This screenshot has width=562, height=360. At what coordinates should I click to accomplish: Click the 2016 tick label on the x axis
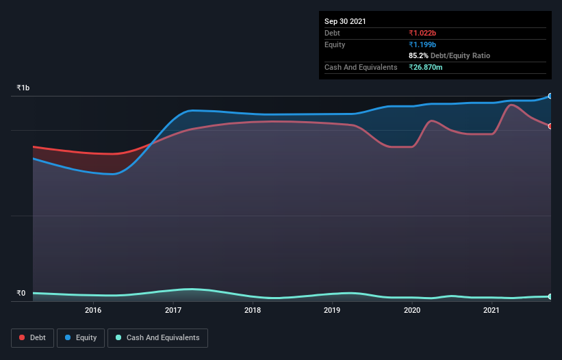click(x=93, y=310)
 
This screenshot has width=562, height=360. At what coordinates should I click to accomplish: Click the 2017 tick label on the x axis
click(x=173, y=310)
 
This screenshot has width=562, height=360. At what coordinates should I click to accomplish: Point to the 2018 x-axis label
click(x=253, y=310)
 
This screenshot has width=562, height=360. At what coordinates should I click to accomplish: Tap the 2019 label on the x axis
click(x=332, y=310)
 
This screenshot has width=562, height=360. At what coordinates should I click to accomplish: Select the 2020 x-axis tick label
click(x=412, y=310)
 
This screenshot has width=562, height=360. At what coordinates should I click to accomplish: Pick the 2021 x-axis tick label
click(x=491, y=310)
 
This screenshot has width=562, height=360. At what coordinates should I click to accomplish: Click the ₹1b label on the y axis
click(x=23, y=88)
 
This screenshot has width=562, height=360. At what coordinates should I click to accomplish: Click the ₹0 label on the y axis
click(x=21, y=294)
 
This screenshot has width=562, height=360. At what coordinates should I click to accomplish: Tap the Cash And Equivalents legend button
click(x=157, y=337)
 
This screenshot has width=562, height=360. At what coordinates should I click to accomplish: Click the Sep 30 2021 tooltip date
click(x=345, y=21)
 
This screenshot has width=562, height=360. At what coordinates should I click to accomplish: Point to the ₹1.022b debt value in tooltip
click(x=422, y=33)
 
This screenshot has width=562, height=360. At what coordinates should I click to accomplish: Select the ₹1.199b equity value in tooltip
click(x=422, y=44)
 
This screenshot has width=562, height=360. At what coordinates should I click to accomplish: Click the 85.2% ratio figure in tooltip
click(x=418, y=55)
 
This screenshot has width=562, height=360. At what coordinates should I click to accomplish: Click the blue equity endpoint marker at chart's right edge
click(x=550, y=97)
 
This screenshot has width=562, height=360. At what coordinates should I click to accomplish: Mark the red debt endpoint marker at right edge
click(x=550, y=126)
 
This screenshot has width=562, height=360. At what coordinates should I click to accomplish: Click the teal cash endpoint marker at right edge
click(x=550, y=296)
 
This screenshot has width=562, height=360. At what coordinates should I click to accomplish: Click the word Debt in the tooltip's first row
click(x=332, y=33)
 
